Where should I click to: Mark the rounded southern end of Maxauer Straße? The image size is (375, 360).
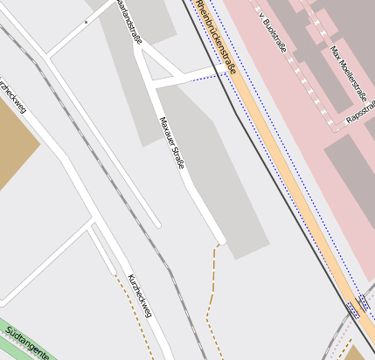click(x=220, y=239)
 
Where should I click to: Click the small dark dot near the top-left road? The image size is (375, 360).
click(x=86, y=22)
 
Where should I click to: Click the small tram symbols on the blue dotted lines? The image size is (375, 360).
click(x=353, y=308)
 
